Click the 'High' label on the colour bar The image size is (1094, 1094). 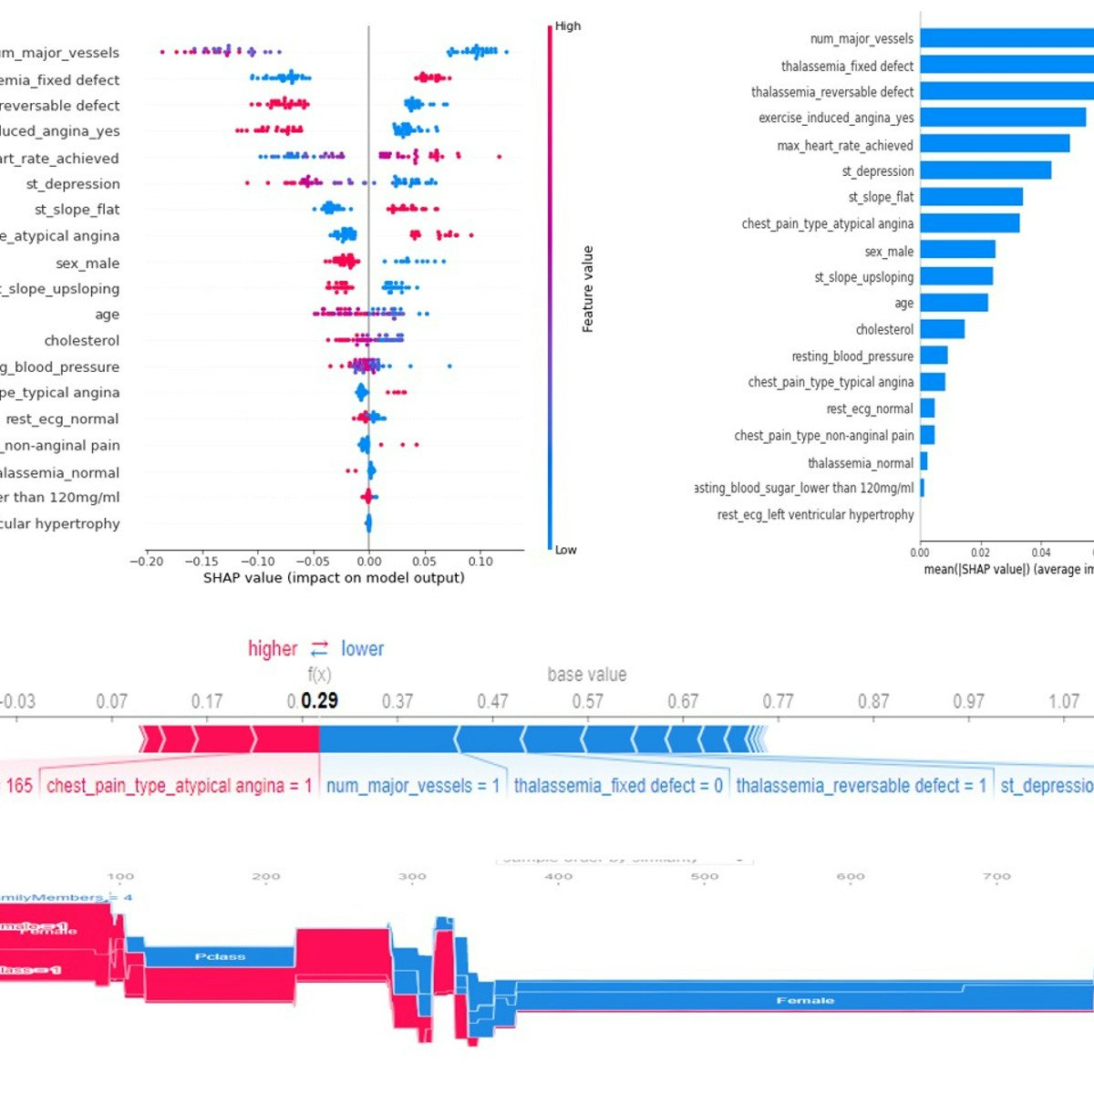pyautogui.click(x=567, y=26)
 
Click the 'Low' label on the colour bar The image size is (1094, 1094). pyautogui.click(x=565, y=550)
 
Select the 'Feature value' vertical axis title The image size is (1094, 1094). pyautogui.click(x=588, y=289)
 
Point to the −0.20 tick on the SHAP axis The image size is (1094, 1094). pyautogui.click(x=147, y=562)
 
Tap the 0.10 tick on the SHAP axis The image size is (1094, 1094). pyautogui.click(x=480, y=562)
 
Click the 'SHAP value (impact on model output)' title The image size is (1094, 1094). pyautogui.click(x=334, y=578)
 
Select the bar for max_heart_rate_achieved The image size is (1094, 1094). pyautogui.click(x=994, y=144)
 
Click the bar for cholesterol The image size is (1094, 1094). pyautogui.click(x=942, y=329)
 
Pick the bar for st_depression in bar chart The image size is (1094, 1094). pyautogui.click(x=985, y=170)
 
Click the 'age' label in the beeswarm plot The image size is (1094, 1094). pyautogui.click(x=107, y=315)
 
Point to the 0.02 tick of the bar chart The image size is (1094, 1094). pyautogui.click(x=980, y=552)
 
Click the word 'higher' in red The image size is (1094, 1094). pyautogui.click(x=273, y=649)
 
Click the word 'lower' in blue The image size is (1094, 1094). pyautogui.click(x=362, y=649)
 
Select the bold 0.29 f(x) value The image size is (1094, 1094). pyautogui.click(x=319, y=701)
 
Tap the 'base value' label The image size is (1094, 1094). pyautogui.click(x=586, y=676)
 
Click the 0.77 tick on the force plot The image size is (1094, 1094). pyautogui.click(x=778, y=702)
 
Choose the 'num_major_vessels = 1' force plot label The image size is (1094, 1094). pyautogui.click(x=412, y=786)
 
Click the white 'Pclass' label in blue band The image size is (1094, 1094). pyautogui.click(x=220, y=957)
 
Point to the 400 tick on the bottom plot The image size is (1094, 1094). pyautogui.click(x=558, y=877)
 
